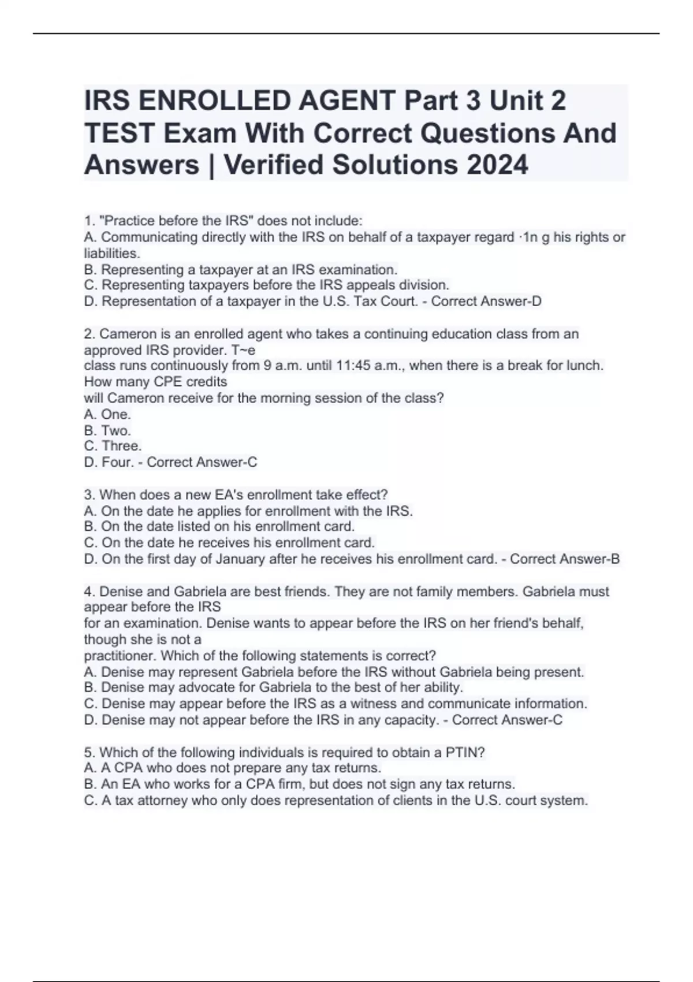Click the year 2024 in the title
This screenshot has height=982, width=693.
tap(497, 165)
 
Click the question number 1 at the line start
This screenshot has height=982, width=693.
tap(88, 221)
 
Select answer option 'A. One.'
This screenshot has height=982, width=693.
tap(107, 414)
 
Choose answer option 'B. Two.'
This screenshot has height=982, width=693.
tap(107, 430)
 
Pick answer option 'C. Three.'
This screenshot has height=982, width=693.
tap(113, 446)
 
